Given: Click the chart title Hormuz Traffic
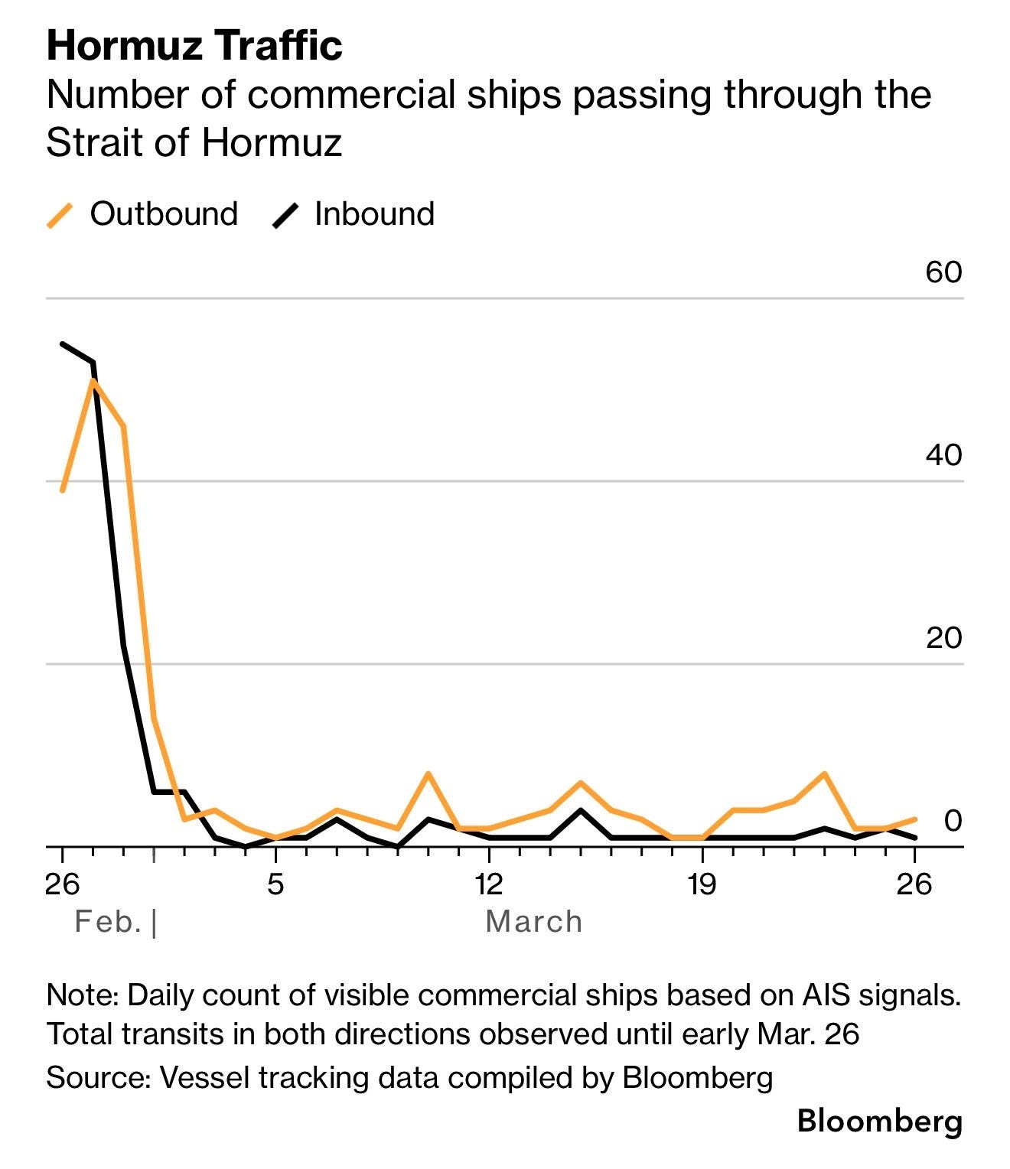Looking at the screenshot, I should [194, 46].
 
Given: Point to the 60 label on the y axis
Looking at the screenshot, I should [943, 272].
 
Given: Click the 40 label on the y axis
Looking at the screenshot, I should [943, 455].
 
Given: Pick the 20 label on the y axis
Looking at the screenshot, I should [943, 637].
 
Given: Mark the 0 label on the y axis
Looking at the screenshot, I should [953, 820].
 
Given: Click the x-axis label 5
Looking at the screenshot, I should [275, 884].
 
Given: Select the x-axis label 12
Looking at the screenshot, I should [488, 884].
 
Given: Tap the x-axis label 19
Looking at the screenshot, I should [702, 884].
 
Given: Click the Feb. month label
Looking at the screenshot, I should [108, 922].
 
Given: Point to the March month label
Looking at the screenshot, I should [534, 922].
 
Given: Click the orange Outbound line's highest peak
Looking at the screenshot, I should [93, 380].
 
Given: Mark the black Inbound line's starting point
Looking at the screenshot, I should [63, 344].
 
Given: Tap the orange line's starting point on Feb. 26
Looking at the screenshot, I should [63, 490].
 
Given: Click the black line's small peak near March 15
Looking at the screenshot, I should [581, 810].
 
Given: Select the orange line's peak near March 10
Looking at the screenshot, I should [428, 774].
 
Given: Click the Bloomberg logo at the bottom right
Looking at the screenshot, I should [879, 1122].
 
